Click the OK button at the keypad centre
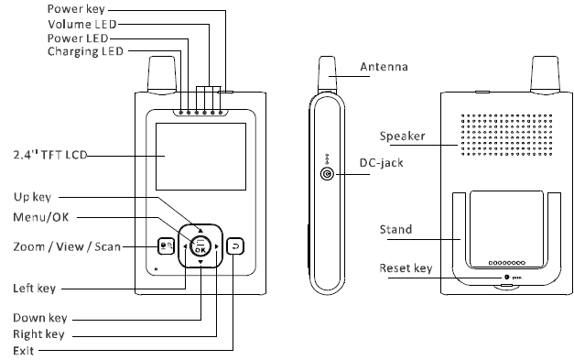click(200, 245)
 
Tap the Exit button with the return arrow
click(235, 246)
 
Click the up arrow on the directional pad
click(200, 230)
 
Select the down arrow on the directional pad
click(200, 262)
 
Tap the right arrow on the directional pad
click(216, 246)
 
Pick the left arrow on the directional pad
click(185, 246)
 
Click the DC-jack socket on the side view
click(327, 174)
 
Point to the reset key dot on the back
click(507, 278)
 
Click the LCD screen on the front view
click(201, 157)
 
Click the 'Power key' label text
click(76, 9)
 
